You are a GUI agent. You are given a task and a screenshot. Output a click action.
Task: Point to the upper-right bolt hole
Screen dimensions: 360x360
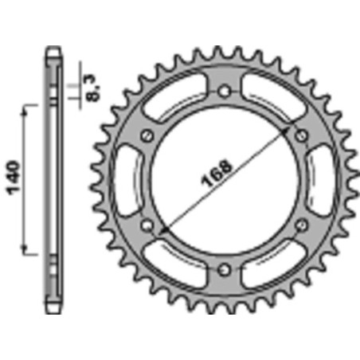point(301,136)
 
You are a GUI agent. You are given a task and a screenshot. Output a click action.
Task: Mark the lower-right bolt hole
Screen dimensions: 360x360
point(301,225)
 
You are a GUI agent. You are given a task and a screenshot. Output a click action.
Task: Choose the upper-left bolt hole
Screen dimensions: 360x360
point(147,136)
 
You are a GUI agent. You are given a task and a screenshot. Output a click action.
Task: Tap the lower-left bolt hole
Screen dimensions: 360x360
point(147,225)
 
